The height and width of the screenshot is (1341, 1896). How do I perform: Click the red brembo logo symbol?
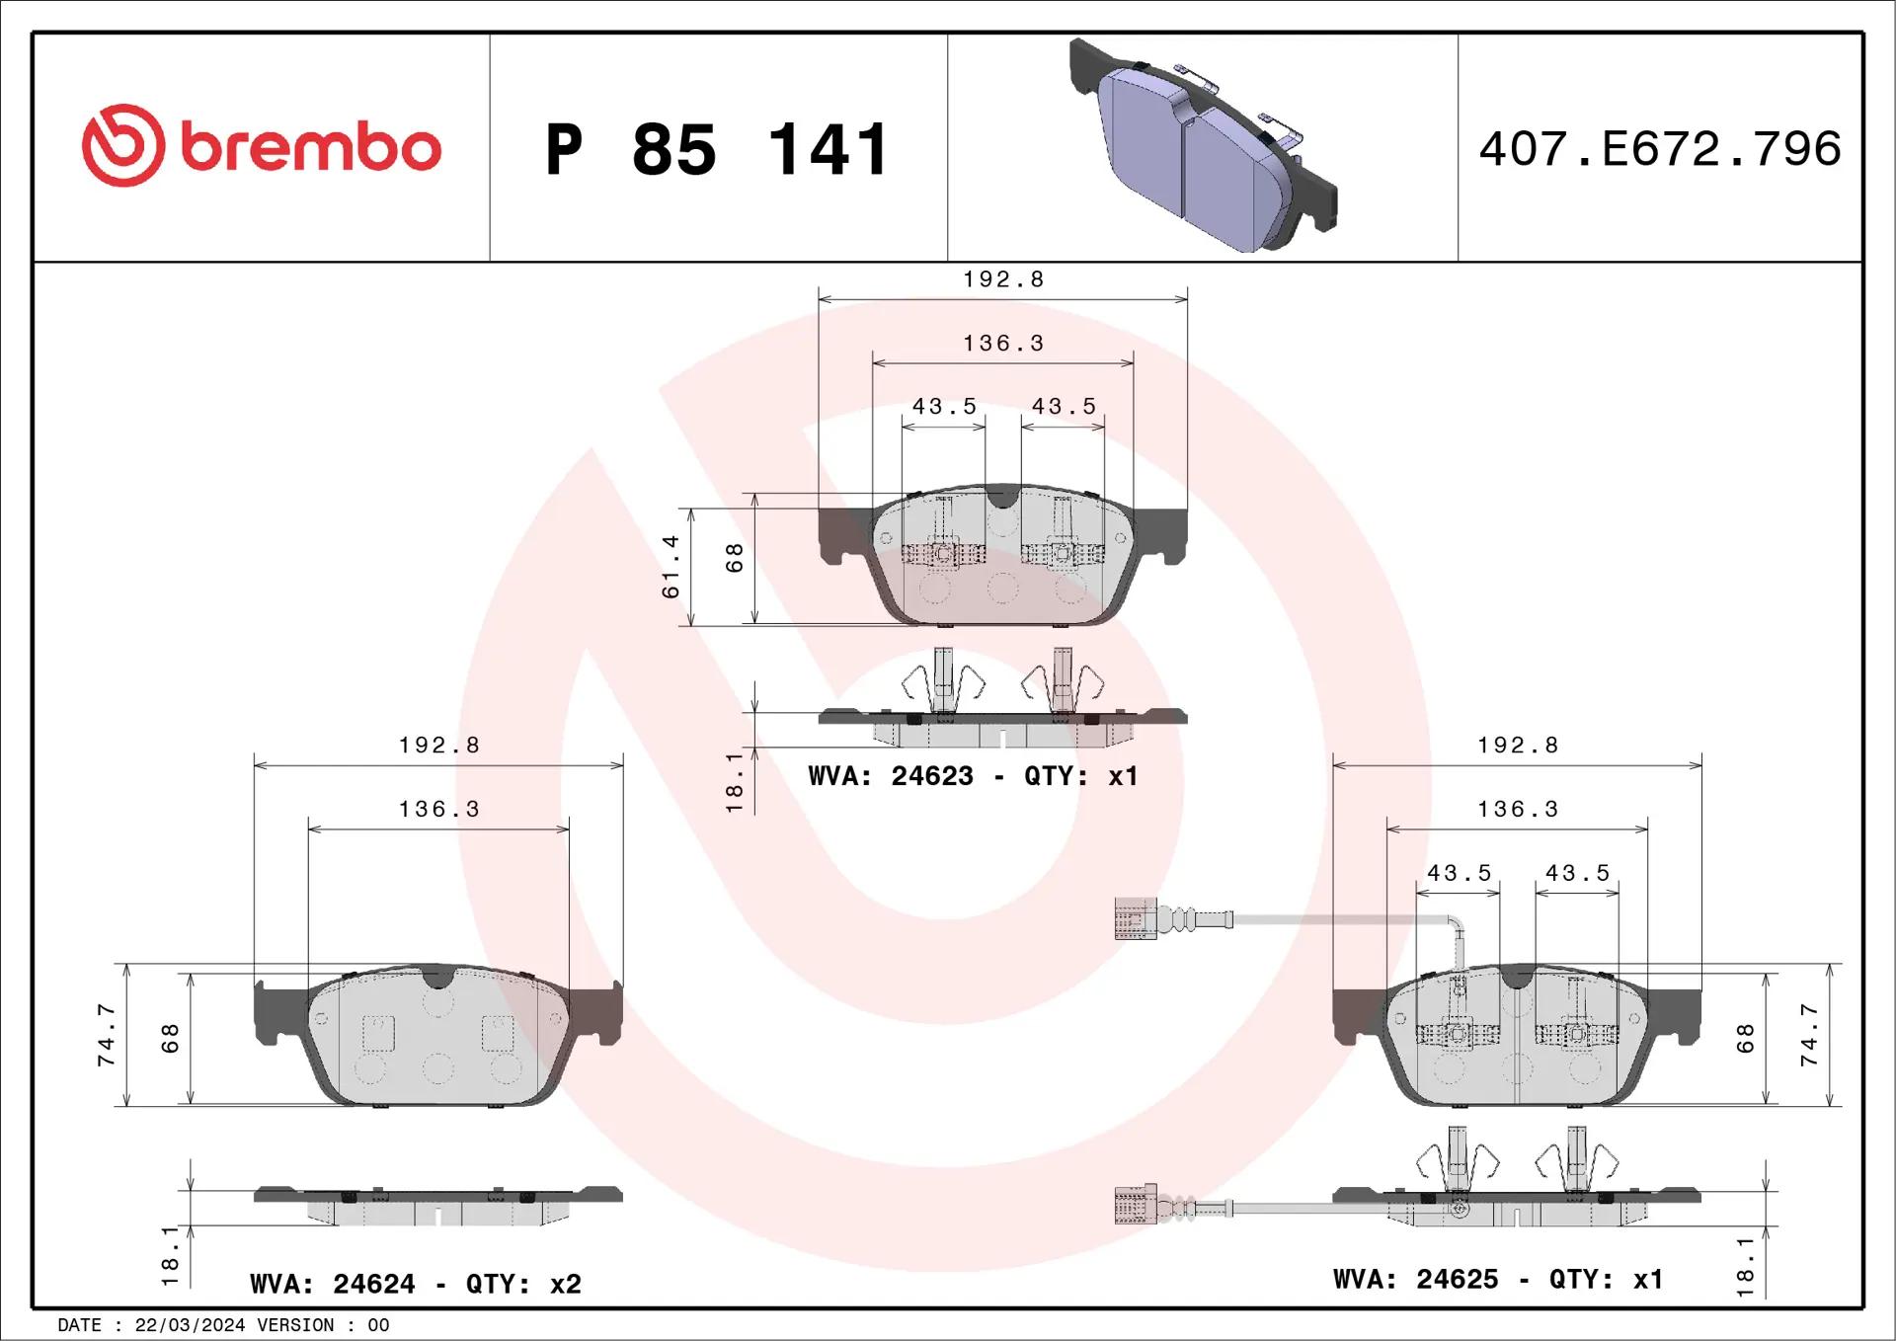[123, 146]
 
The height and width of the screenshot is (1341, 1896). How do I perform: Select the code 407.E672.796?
[1659, 149]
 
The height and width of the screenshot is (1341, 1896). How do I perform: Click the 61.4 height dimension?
[671, 567]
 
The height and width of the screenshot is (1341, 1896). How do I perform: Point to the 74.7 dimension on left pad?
[107, 1035]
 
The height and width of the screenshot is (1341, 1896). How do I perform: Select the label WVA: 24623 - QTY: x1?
[973, 776]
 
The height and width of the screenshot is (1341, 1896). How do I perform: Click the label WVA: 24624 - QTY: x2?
[416, 1284]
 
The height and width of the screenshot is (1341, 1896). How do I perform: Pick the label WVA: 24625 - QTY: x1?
[1498, 1279]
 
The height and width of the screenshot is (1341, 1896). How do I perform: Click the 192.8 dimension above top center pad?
[1003, 279]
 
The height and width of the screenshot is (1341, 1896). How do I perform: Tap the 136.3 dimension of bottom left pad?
[439, 810]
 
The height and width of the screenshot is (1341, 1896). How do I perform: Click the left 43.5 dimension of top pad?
[944, 407]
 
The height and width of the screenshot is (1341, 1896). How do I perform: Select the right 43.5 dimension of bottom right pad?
[1577, 874]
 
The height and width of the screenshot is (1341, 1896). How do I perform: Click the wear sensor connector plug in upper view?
[1136, 919]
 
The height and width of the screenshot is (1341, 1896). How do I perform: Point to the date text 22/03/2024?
[190, 1325]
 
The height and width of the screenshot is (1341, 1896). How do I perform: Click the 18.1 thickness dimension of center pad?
[735, 782]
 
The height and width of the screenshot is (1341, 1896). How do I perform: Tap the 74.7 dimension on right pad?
[1808, 1035]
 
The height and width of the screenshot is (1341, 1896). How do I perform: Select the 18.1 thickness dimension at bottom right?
[1745, 1266]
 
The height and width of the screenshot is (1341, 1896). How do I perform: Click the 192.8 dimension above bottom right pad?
[1518, 746]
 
